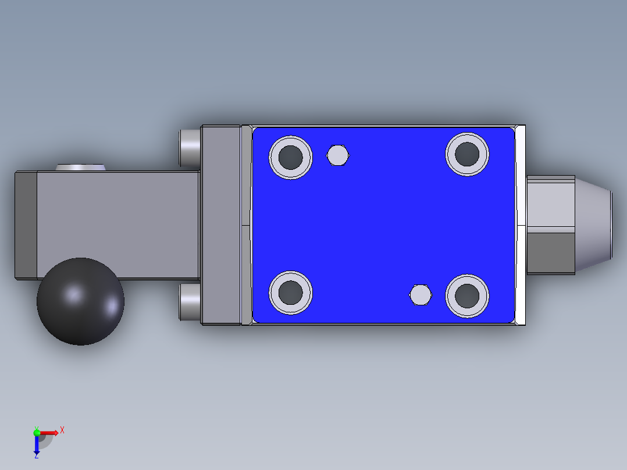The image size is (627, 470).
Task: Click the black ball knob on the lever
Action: [80, 301]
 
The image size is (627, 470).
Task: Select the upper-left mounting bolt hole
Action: [290, 157]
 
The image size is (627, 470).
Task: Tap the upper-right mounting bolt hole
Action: [467, 154]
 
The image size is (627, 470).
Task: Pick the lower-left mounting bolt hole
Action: [290, 293]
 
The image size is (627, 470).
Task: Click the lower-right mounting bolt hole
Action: [467, 296]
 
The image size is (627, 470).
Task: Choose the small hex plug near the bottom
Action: [421, 295]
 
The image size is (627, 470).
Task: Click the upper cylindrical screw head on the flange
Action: [189, 146]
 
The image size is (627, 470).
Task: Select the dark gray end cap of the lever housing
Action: [26, 225]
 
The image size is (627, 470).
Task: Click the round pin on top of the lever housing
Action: [81, 168]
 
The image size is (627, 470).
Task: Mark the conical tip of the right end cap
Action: [593, 224]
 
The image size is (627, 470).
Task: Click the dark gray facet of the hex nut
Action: [550, 252]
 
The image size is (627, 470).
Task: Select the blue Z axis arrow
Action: [37, 446]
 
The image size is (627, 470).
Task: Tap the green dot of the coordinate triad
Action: [37, 432]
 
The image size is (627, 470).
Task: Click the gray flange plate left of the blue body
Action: [221, 225]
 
